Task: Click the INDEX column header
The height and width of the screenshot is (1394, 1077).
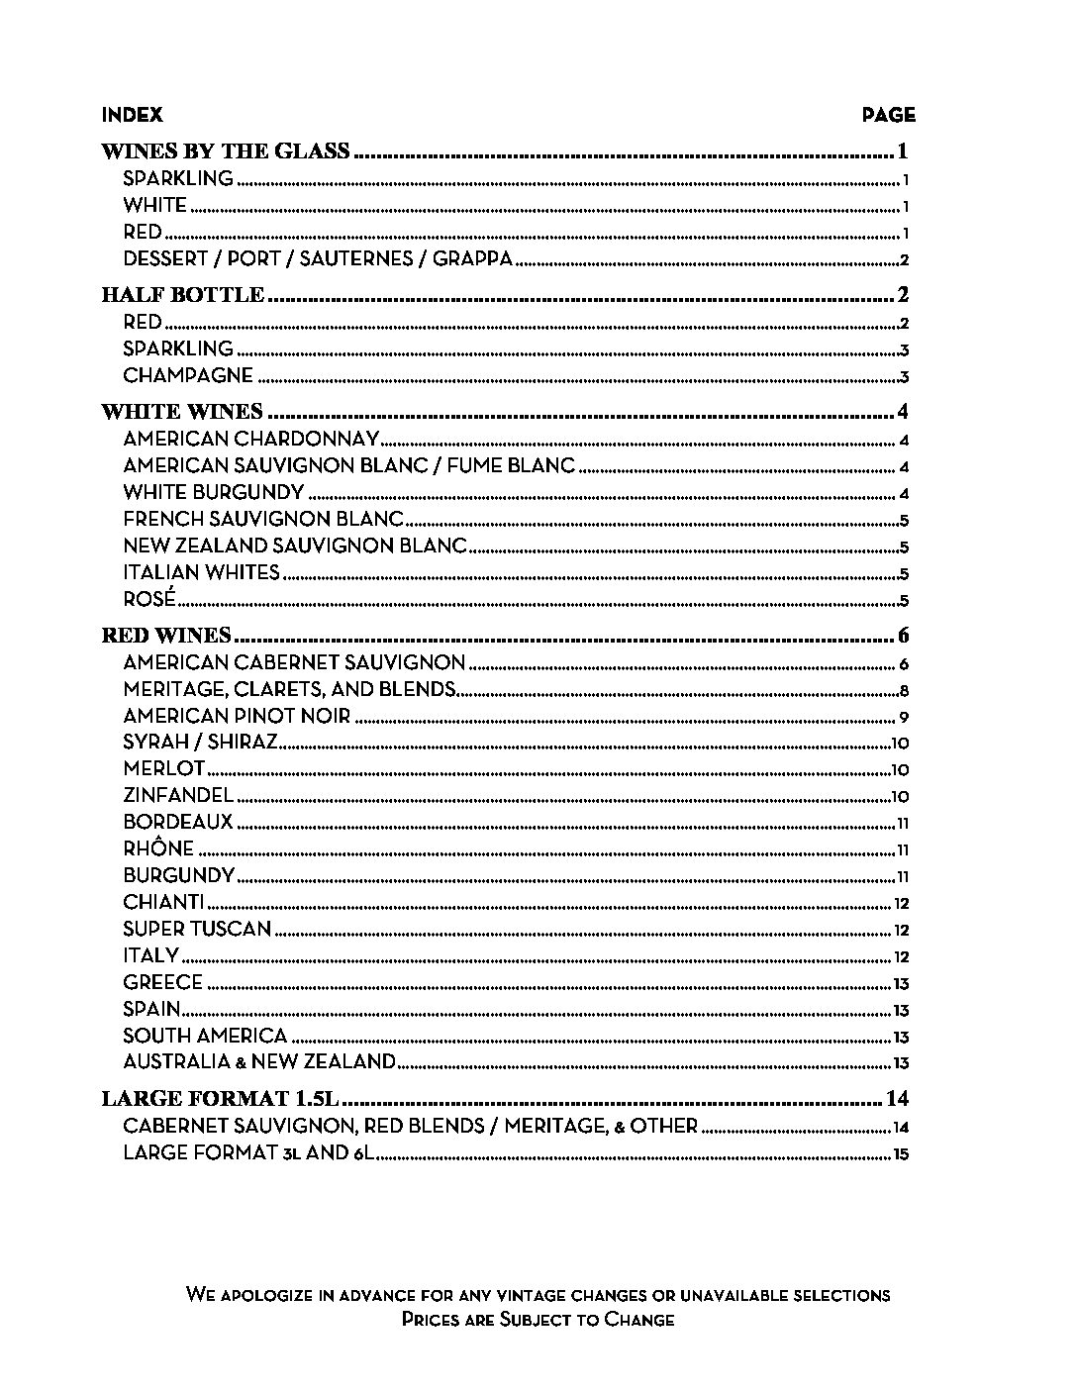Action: point(132,115)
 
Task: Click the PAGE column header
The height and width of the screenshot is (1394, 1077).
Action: point(888,115)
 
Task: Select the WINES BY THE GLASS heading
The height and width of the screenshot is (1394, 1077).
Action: point(227,151)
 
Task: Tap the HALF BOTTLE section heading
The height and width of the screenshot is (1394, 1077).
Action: point(184,295)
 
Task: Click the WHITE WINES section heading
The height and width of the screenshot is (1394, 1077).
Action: point(183,412)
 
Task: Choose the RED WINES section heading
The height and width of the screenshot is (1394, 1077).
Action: point(167,636)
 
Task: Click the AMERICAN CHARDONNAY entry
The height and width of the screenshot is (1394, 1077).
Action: point(251,440)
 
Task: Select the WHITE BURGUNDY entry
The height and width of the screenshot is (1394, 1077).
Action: point(214,492)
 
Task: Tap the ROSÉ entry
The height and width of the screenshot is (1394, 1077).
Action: point(149,599)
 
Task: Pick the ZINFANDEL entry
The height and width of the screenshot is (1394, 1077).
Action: point(178,795)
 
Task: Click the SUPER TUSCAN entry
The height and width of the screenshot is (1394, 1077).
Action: point(197,929)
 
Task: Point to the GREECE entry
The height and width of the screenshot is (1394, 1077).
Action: point(163,982)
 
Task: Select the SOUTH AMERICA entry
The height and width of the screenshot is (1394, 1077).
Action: point(205,1036)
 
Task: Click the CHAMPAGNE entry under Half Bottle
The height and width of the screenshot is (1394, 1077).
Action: point(188,375)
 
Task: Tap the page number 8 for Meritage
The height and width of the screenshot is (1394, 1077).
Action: point(904,691)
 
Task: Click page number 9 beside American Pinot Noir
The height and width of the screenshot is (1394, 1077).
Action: point(904,718)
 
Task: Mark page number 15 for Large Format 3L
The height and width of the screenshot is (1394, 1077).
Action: point(900,1153)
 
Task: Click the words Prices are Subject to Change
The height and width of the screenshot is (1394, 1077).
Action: point(538,1320)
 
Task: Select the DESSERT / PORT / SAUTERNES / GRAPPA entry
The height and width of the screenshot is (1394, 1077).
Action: point(318,259)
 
